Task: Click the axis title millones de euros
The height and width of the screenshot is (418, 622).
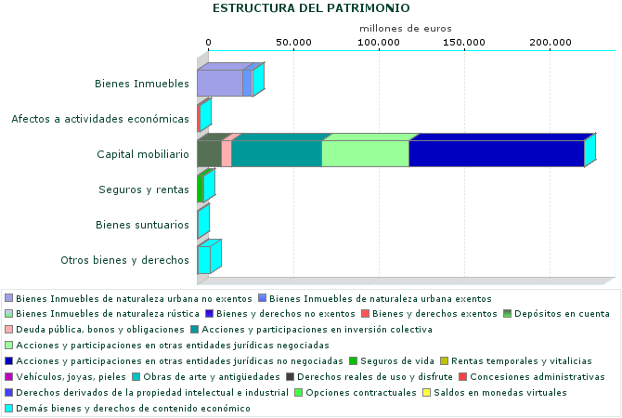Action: [x=406, y=29]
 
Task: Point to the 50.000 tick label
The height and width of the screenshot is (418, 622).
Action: [x=293, y=43]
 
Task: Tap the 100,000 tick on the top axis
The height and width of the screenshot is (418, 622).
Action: [x=379, y=43]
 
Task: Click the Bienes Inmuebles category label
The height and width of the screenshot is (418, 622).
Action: [x=142, y=85]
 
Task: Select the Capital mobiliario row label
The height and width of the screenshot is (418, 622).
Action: [x=143, y=154]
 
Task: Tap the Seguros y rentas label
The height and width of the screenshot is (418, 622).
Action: [x=144, y=189]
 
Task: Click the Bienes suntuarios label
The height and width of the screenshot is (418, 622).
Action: [x=143, y=225]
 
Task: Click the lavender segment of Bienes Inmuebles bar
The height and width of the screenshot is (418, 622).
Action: [x=219, y=84]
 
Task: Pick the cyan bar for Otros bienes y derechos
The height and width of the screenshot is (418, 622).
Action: [x=203, y=260]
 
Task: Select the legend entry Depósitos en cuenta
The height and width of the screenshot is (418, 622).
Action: [x=563, y=314]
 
